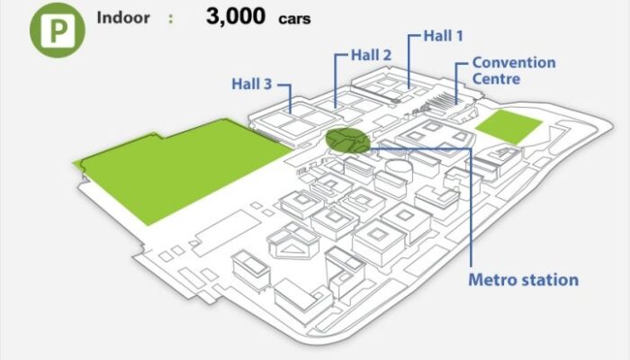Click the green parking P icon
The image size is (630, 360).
pyautogui.click(x=58, y=31)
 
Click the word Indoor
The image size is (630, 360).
pyautogui.click(x=123, y=18)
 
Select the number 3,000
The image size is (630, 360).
pyautogui.click(x=236, y=17)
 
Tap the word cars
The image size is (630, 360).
pyautogui.click(x=294, y=19)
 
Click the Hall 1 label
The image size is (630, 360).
pyautogui.click(x=444, y=36)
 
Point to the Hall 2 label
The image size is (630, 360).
pyautogui.click(x=371, y=56)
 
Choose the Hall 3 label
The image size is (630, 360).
pyautogui.click(x=252, y=85)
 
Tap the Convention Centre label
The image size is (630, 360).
pyautogui.click(x=514, y=71)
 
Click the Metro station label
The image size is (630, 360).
pyautogui.click(x=524, y=280)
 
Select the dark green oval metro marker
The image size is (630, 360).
pyautogui.click(x=347, y=140)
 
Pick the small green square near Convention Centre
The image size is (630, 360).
pyautogui.click(x=509, y=127)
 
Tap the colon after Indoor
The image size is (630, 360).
pyautogui.click(x=171, y=19)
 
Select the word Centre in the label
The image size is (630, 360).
pyautogui.click(x=496, y=79)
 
